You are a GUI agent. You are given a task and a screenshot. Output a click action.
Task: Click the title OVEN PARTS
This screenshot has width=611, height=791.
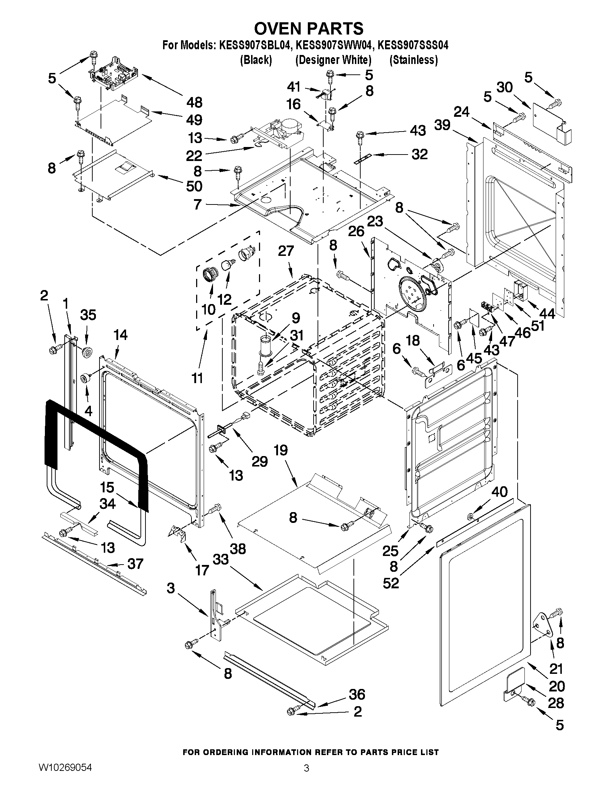[309, 28]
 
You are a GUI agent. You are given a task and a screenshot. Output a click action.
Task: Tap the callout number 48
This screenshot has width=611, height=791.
[194, 102]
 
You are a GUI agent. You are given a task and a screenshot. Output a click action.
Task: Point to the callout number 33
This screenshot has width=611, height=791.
[221, 560]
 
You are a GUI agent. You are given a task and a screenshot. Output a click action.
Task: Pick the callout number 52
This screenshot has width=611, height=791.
[390, 583]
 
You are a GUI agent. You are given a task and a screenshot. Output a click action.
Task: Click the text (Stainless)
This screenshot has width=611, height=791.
[413, 60]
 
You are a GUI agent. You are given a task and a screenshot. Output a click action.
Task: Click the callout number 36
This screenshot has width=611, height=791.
[357, 694]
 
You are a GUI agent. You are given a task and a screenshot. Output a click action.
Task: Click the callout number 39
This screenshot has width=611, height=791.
[442, 125]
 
